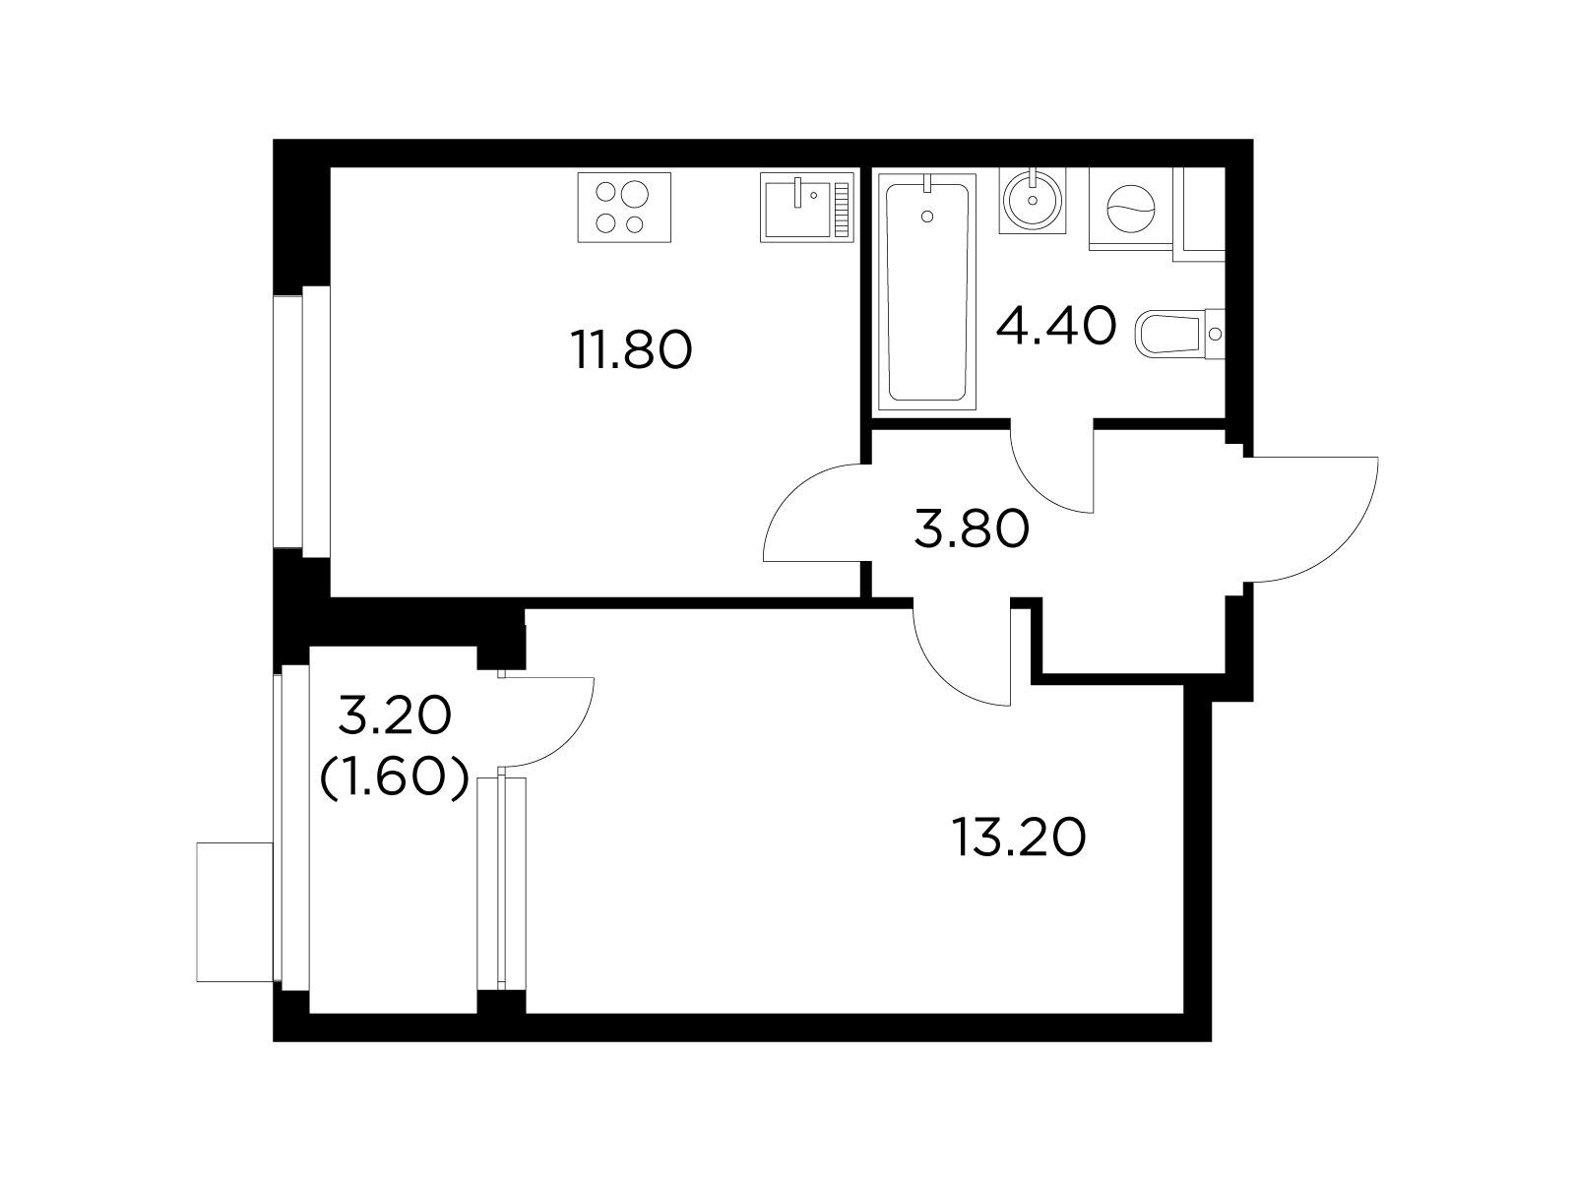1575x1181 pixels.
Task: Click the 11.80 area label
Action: (x=631, y=350)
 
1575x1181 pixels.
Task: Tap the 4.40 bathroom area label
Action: (x=1056, y=326)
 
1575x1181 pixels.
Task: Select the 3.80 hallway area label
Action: (x=972, y=529)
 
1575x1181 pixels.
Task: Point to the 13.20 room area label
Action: (x=1019, y=838)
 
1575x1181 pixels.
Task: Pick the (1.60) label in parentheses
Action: (x=394, y=777)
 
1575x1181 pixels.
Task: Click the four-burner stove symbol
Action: (x=624, y=208)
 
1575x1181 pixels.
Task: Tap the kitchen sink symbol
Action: (x=807, y=207)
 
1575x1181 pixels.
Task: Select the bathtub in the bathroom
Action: (x=926, y=292)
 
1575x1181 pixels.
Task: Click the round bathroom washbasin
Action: (x=1032, y=201)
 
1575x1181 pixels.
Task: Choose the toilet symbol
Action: (x=1179, y=333)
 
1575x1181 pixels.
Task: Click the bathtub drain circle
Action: (x=928, y=216)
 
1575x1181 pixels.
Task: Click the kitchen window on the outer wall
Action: (x=302, y=421)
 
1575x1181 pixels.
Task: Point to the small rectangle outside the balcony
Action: (x=234, y=912)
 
